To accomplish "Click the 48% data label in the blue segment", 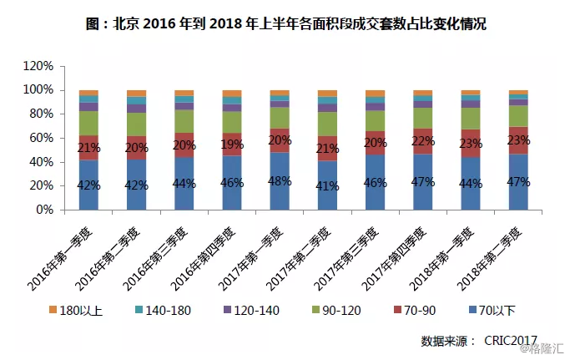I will pyautogui.click(x=280, y=180).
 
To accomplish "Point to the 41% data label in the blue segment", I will pyautogui.click(x=328, y=186).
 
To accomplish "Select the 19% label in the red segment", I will pyautogui.click(x=232, y=145).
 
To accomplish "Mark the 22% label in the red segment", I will pyautogui.click(x=423, y=141).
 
